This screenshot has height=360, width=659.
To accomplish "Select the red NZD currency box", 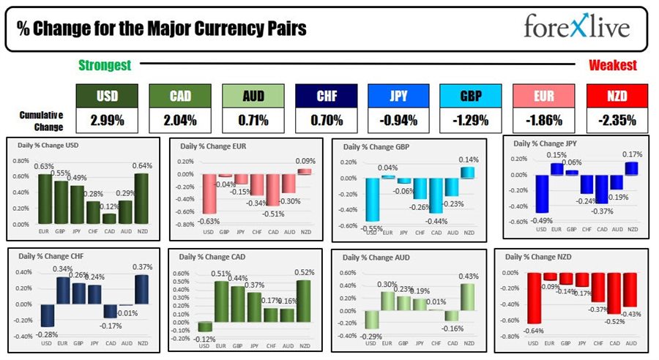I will pyautogui.click(x=617, y=95).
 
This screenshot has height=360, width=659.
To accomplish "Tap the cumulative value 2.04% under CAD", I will pyautogui.click(x=178, y=120).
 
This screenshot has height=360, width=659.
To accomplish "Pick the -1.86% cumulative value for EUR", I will pyautogui.click(x=543, y=120).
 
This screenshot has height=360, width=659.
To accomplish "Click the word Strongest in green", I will pyautogui.click(x=105, y=65).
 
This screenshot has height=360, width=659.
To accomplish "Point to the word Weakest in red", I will pyautogui.click(x=613, y=65).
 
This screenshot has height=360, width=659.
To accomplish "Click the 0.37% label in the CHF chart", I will pyautogui.click(x=141, y=267).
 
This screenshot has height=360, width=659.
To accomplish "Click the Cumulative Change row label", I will pyautogui.click(x=41, y=120).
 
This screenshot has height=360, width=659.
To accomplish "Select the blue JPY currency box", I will pyautogui.click(x=398, y=95).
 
